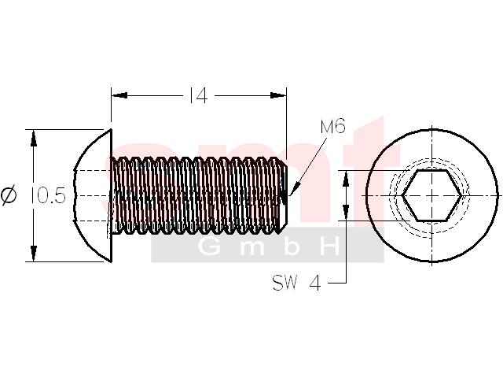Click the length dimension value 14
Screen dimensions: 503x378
tap(199, 96)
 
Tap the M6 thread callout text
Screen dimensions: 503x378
tap(333, 126)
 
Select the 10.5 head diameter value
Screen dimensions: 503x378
tap(49, 196)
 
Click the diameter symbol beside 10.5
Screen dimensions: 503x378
tap(9, 196)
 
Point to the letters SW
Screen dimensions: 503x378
tap(285, 283)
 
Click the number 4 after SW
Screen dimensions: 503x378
tap(315, 283)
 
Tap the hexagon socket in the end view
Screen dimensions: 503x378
tap(432, 195)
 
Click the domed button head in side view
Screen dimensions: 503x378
tap(93, 195)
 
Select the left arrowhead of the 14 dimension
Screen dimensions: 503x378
tap(119, 95)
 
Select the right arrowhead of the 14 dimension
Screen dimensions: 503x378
tap(278, 95)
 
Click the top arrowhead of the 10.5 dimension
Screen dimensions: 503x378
tap(33, 138)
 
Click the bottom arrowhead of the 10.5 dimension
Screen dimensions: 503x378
tap(33, 254)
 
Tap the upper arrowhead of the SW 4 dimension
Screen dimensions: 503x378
tap(346, 179)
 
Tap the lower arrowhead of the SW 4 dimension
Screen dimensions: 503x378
tap(346, 213)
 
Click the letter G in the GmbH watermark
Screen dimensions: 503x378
tap(209, 246)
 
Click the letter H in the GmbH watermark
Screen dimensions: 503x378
tap(328, 246)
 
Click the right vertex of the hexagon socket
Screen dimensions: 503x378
tap(462, 195)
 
